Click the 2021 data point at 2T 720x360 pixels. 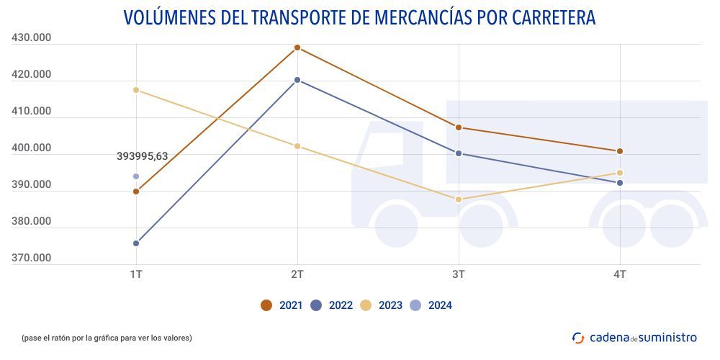click(x=297, y=48)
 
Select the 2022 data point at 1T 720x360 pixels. click(x=136, y=243)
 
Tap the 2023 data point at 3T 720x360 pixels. click(x=459, y=199)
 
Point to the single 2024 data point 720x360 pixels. click(x=136, y=176)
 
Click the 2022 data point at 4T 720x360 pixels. click(x=620, y=183)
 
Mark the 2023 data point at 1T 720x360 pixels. click(x=136, y=90)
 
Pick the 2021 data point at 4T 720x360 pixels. click(x=620, y=151)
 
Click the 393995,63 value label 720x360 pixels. click(x=142, y=156)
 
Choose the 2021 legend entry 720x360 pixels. click(x=282, y=305)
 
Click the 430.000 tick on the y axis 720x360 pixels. click(x=32, y=38)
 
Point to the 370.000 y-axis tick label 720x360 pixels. click(x=32, y=258)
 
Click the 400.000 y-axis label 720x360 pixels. click(x=32, y=148)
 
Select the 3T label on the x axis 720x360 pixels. click(x=459, y=274)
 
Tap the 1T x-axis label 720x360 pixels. click(x=136, y=274)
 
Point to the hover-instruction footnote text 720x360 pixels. click(x=107, y=338)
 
